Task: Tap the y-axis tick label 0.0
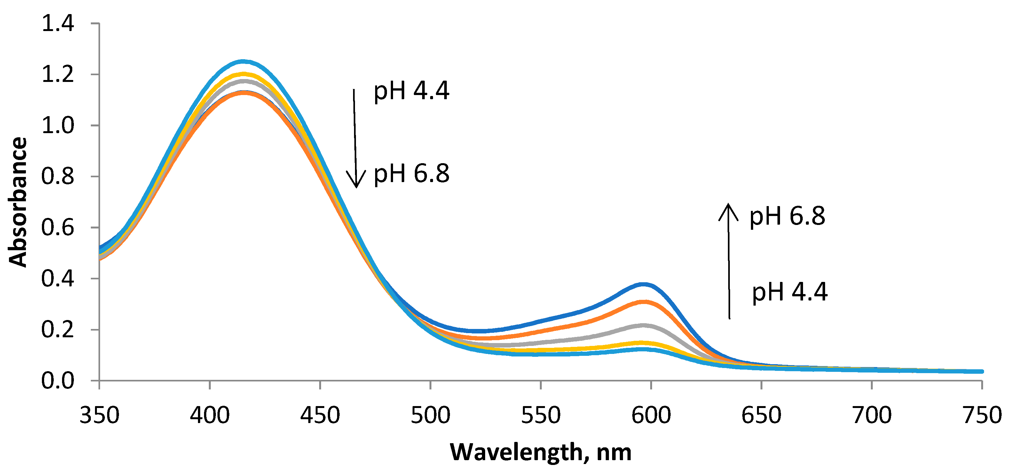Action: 58,381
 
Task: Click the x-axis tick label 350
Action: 99,415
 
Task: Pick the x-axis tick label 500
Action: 430,415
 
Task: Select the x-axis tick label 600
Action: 651,415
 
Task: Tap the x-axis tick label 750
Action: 981,415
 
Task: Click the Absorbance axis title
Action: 18,202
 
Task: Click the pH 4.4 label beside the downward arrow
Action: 411,91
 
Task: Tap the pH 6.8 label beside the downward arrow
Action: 411,174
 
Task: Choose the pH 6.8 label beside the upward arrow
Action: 787,216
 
